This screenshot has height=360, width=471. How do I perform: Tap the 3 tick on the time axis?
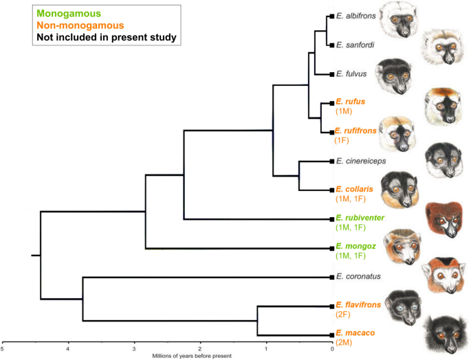tap(134, 348)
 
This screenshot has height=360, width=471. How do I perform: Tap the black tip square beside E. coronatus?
tap(331, 277)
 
